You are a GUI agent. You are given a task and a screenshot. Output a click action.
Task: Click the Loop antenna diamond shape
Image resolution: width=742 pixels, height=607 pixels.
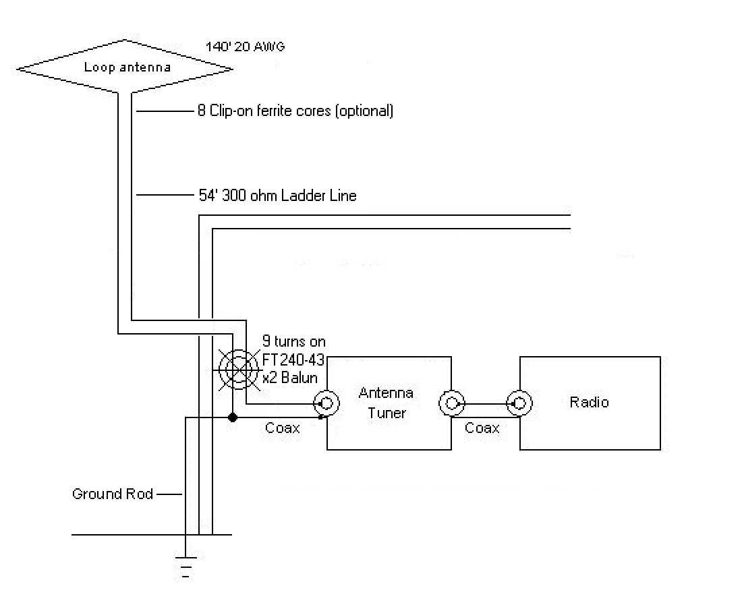[x=125, y=67]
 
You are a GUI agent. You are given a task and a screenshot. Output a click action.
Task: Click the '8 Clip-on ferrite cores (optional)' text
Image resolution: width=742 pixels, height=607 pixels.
[x=295, y=111]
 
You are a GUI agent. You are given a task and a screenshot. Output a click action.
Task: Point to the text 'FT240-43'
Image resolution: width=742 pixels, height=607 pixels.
[x=293, y=359]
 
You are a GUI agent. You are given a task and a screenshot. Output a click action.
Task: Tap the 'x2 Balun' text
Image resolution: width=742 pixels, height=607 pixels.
[x=290, y=377]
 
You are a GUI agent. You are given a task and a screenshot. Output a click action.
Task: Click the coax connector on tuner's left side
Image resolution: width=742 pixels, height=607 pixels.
[x=326, y=404]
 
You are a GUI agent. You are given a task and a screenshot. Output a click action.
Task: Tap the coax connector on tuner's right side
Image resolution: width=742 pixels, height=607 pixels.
[x=451, y=404]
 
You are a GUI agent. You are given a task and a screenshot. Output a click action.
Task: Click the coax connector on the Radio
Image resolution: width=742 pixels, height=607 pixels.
[x=519, y=404]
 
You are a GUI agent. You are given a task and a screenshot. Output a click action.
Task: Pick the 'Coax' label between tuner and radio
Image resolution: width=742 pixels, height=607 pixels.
[x=482, y=428]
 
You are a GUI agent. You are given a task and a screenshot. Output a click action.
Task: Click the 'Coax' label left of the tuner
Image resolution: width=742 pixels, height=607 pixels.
[x=283, y=428]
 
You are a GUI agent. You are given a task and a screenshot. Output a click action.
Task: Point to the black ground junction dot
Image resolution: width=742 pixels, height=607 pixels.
[x=233, y=418]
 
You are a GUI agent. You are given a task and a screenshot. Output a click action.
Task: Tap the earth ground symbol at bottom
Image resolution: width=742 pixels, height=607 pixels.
[x=185, y=565]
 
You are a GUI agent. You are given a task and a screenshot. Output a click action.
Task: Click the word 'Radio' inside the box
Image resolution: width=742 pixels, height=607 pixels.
[x=589, y=403]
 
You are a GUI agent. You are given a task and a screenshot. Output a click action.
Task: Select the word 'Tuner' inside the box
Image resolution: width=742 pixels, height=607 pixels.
[x=387, y=413]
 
